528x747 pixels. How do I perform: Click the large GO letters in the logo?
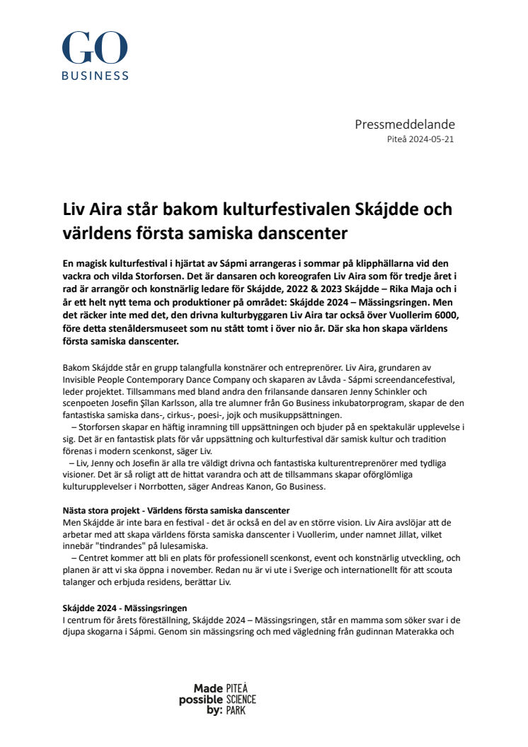[95, 49]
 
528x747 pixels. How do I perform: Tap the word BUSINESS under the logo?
[95, 76]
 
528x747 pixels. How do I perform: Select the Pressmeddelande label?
[404, 125]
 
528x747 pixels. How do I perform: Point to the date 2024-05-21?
[431, 139]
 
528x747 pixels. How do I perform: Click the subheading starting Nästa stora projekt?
[176, 510]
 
